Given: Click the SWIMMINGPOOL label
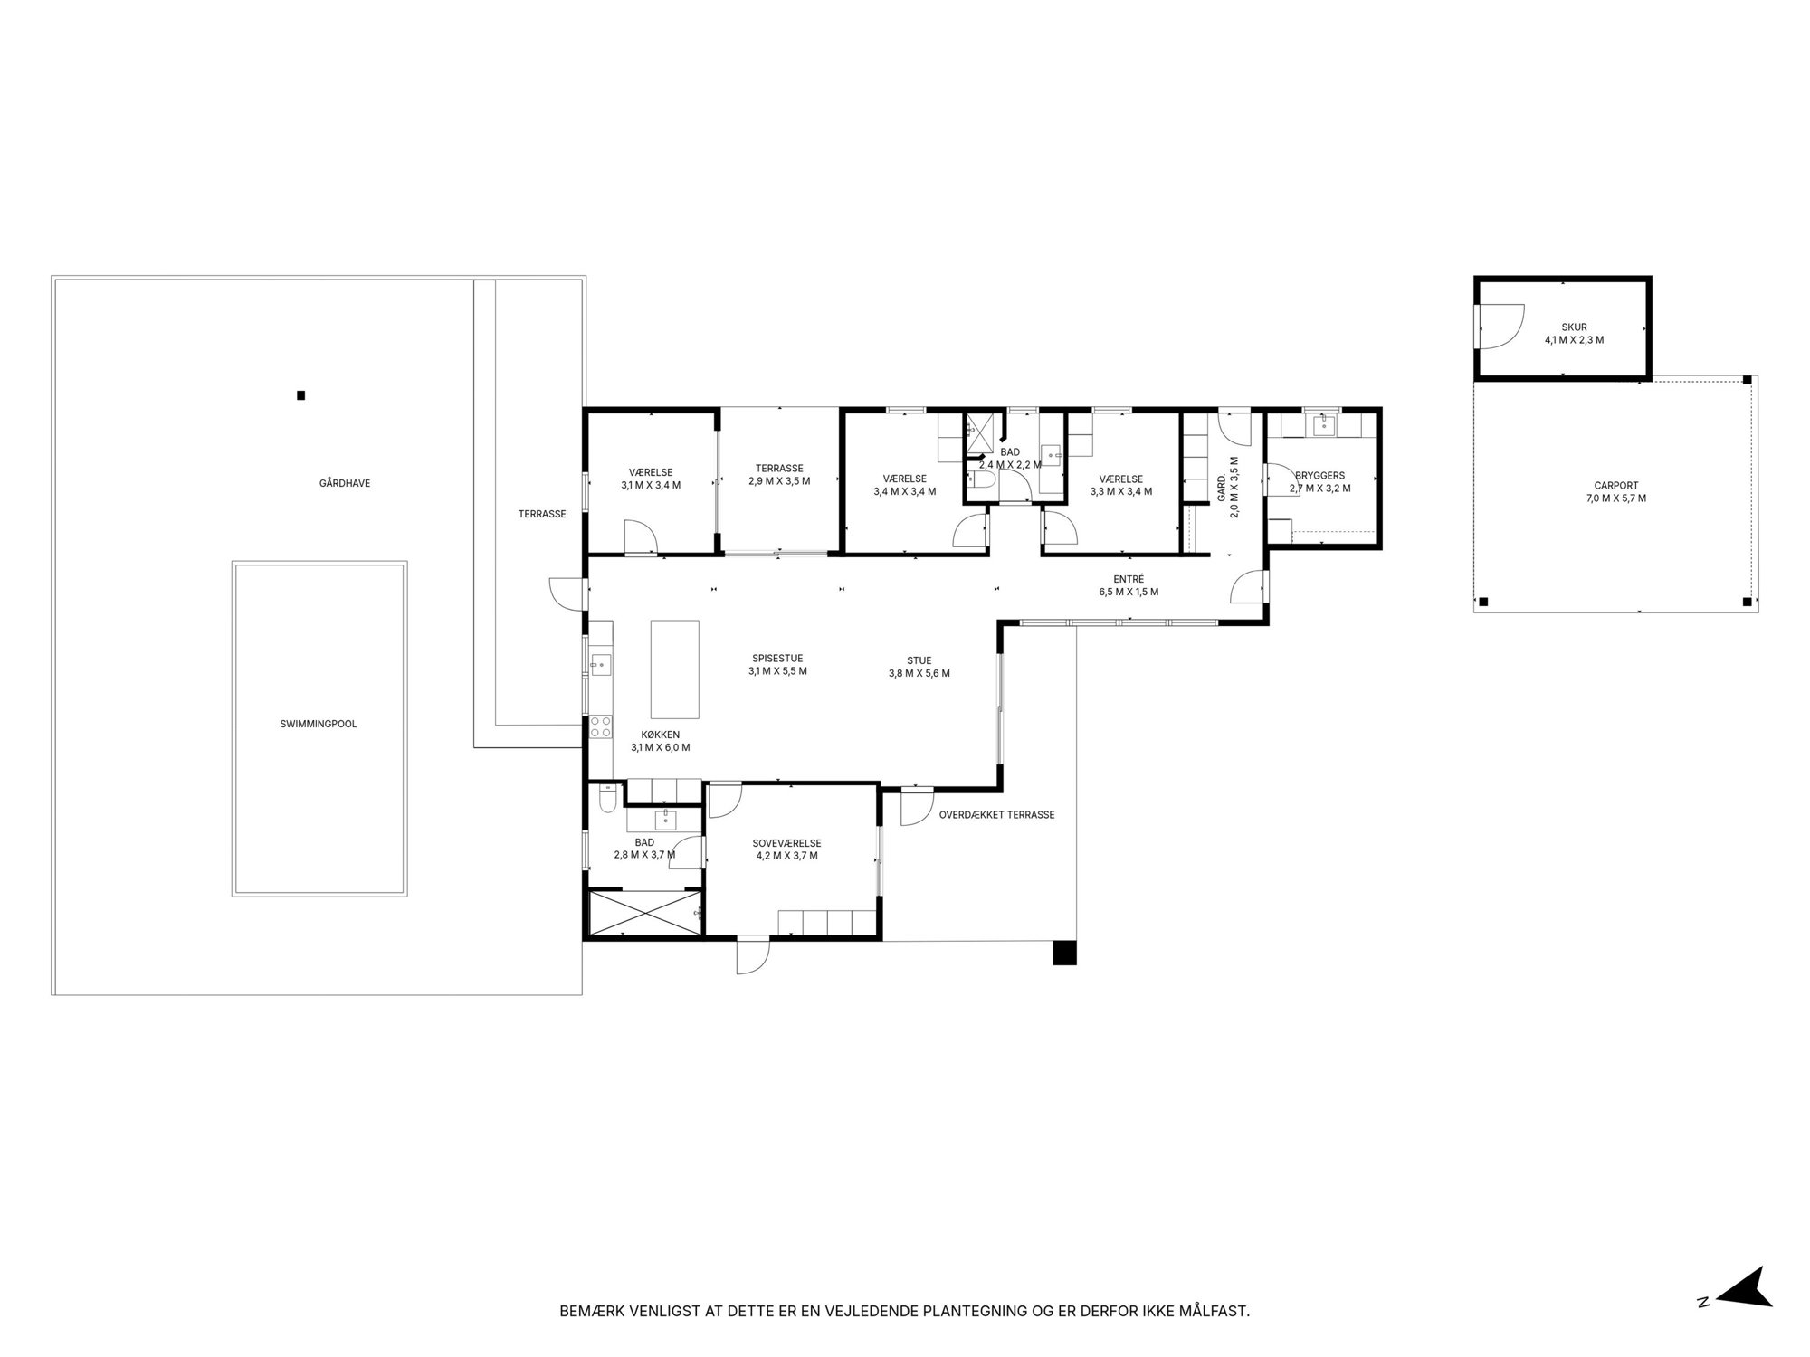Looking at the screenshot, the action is [319, 724].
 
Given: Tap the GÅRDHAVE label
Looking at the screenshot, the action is [345, 483].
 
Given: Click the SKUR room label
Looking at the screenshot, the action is [1574, 327].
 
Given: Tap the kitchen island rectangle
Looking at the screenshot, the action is [675, 669].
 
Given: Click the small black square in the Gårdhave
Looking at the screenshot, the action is [301, 395].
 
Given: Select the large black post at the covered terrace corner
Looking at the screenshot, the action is [1065, 954].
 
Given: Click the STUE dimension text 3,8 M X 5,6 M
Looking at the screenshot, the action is [919, 673].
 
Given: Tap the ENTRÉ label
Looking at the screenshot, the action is [1129, 579].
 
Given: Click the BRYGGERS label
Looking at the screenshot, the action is [1319, 475].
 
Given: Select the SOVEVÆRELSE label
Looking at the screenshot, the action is [787, 843].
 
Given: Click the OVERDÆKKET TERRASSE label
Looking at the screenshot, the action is [997, 815].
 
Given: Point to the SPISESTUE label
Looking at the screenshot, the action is [777, 659].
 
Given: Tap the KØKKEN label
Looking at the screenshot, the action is [660, 735].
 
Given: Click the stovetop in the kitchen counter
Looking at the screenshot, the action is [602, 726].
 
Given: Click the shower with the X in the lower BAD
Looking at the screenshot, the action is [645, 914].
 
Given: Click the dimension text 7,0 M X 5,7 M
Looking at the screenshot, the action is [1616, 498].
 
